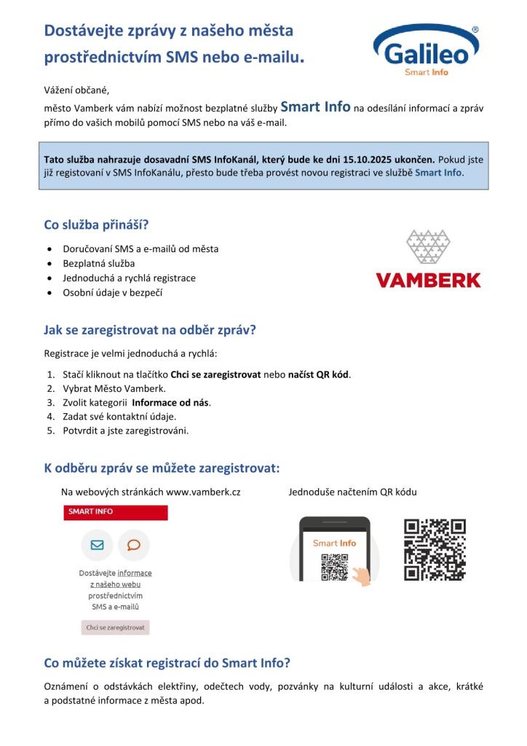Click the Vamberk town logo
point(428,259)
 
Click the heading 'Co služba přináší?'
point(97,225)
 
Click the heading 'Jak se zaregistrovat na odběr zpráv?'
point(150,329)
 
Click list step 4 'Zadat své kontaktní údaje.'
point(114,416)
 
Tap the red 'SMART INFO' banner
point(115,512)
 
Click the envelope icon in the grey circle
point(97,544)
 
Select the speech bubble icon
point(133,544)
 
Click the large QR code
point(435,549)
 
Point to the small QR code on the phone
point(334,567)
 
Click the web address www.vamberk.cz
point(203,492)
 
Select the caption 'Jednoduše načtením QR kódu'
point(352,492)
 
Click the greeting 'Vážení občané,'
point(76,90)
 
